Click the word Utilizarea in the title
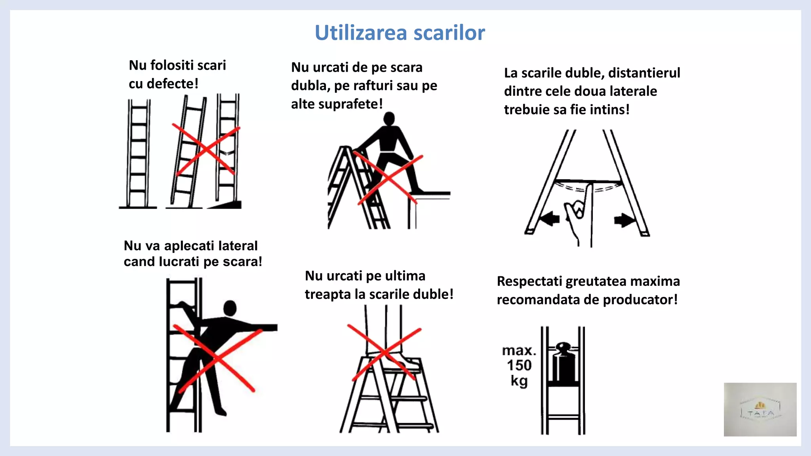click(x=361, y=33)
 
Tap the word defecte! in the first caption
click(x=172, y=84)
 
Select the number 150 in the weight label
click(x=519, y=365)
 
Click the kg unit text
click(x=519, y=381)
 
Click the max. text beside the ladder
click(x=519, y=351)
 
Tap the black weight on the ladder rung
click(x=563, y=364)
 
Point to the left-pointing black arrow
click(x=550, y=218)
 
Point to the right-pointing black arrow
click(x=624, y=220)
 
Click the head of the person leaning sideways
click(x=230, y=308)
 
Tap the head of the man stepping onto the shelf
click(x=389, y=118)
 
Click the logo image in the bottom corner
click(x=760, y=409)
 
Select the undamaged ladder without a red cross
click(x=138, y=154)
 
